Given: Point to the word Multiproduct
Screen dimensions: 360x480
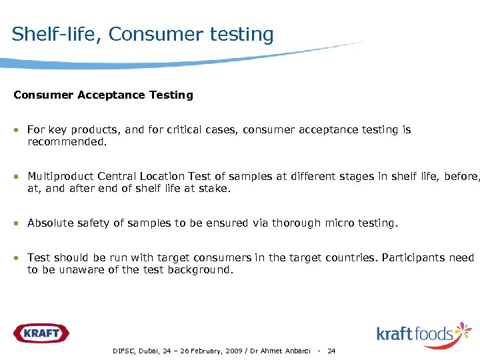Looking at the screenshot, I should [61, 177].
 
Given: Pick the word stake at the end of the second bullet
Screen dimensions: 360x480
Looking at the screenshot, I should [215, 189].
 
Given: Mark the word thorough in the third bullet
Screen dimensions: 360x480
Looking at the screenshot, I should [294, 223].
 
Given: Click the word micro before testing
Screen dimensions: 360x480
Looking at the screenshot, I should [339, 223].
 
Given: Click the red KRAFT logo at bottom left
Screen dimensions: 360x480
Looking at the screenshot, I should [41, 333].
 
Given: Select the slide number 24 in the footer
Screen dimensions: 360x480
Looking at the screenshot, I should [331, 351].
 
